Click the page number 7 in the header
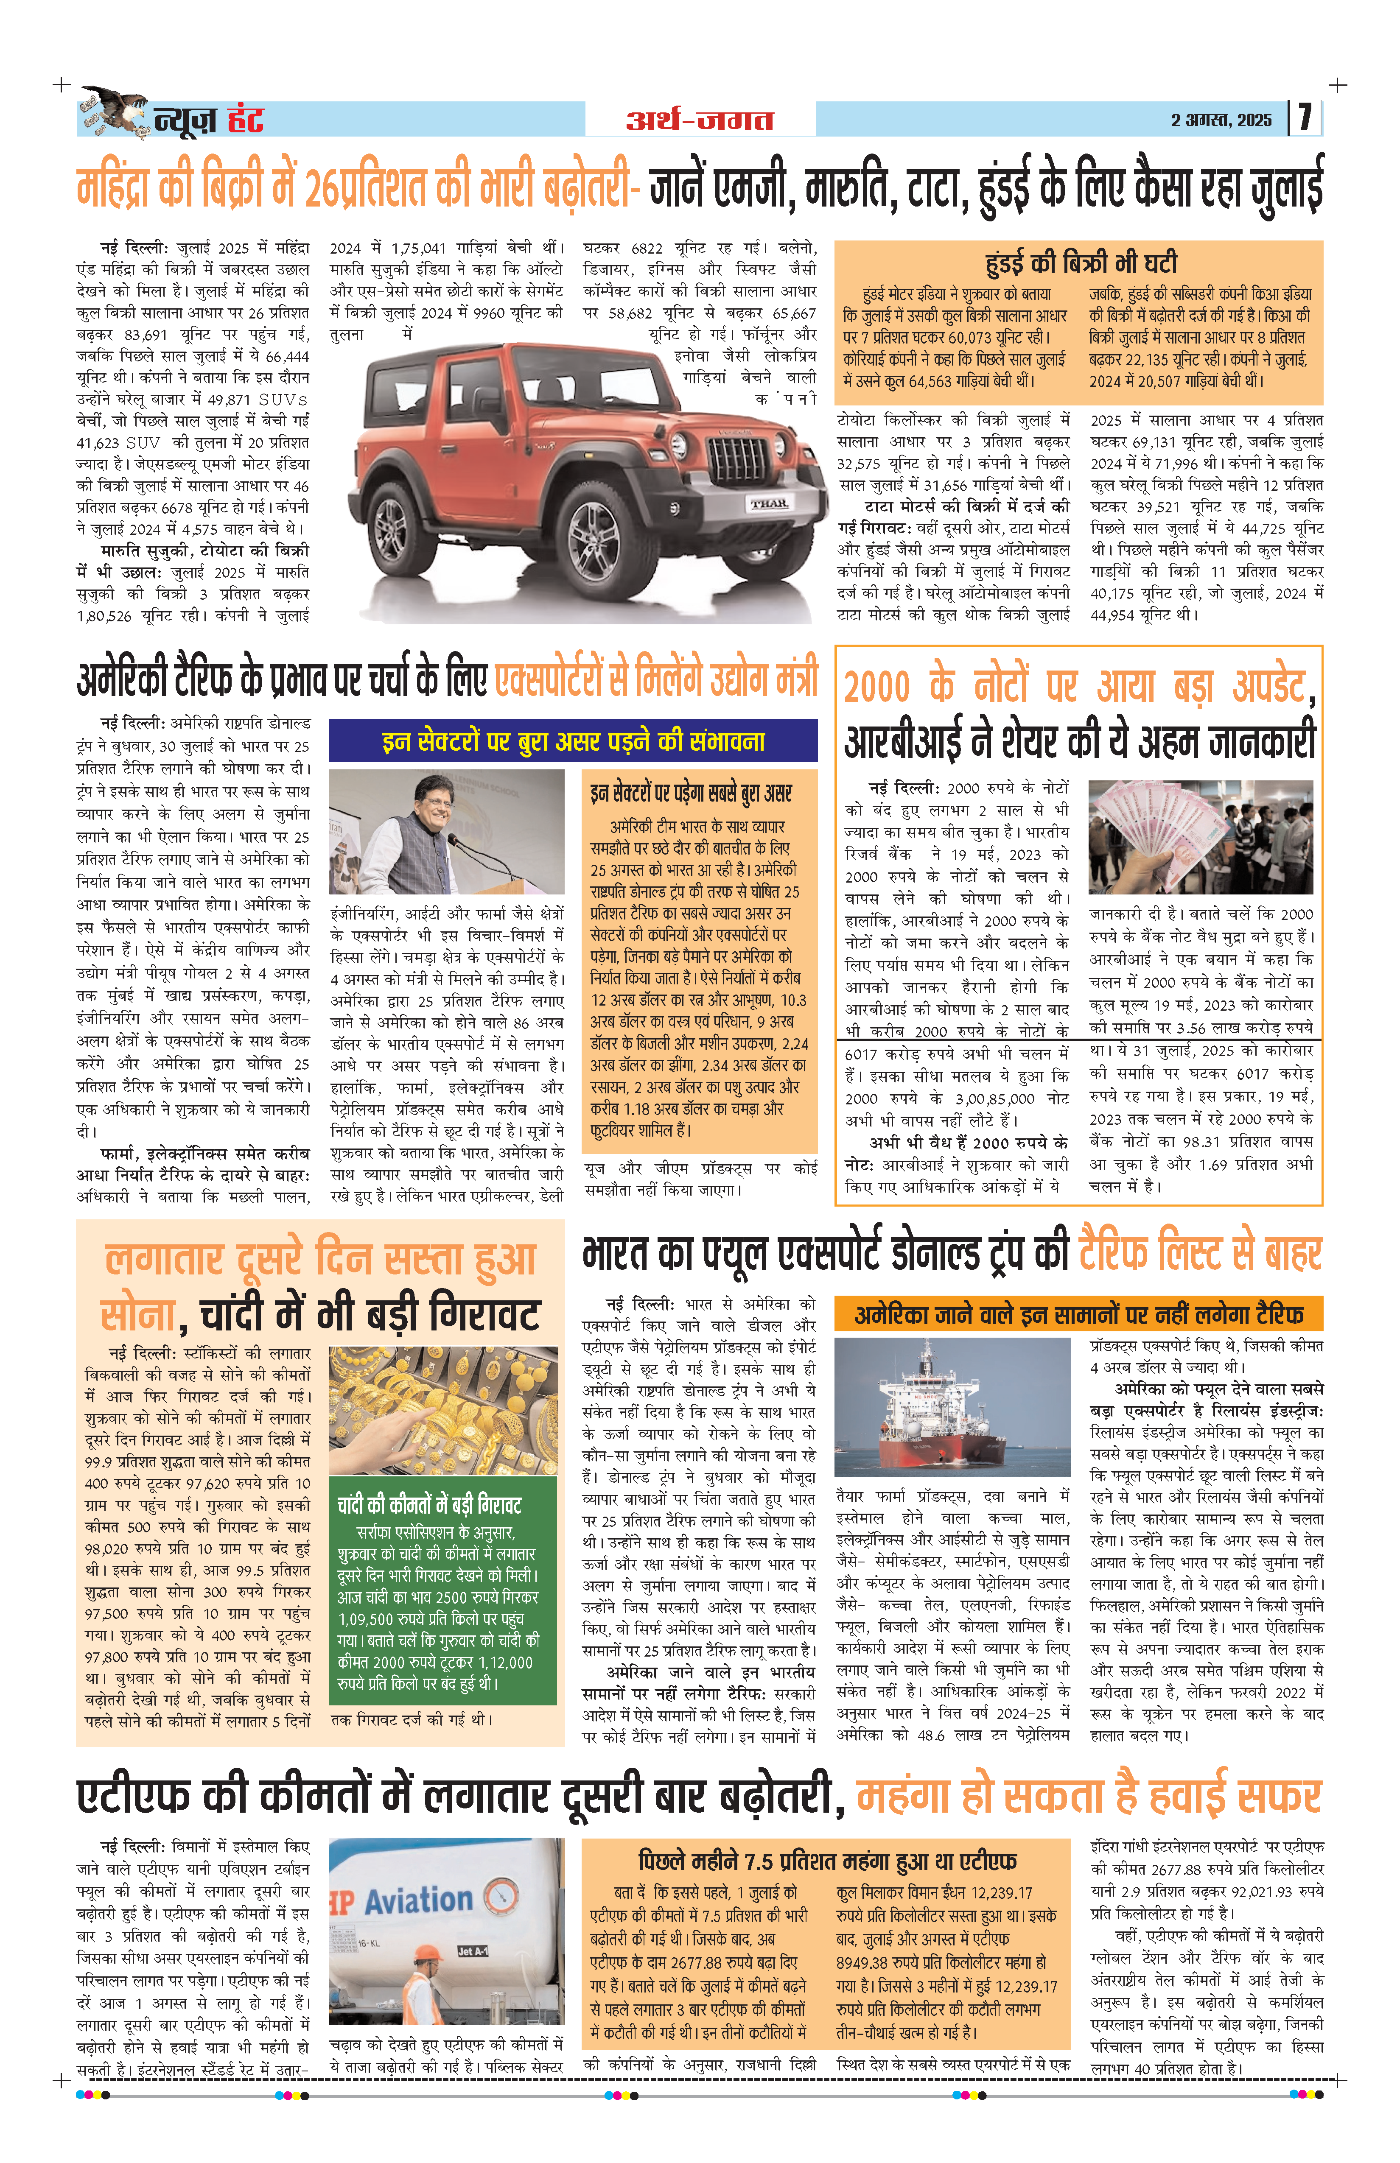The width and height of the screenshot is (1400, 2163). [1305, 118]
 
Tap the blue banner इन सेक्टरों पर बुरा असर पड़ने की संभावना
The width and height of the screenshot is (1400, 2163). [573, 741]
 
